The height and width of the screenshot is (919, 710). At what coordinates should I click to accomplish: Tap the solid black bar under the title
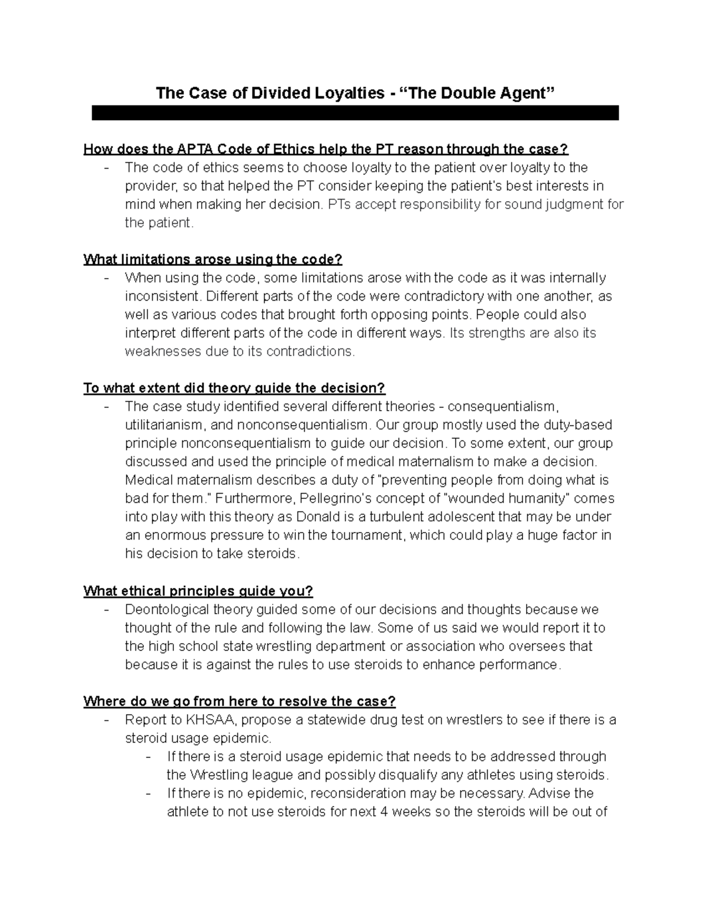point(355,113)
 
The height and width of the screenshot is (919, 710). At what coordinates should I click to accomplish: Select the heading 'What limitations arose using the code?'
point(213,259)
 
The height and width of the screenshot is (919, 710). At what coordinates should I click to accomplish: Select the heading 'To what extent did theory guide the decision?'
point(234,388)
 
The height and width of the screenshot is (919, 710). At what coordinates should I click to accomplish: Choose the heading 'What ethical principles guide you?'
point(198,591)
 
